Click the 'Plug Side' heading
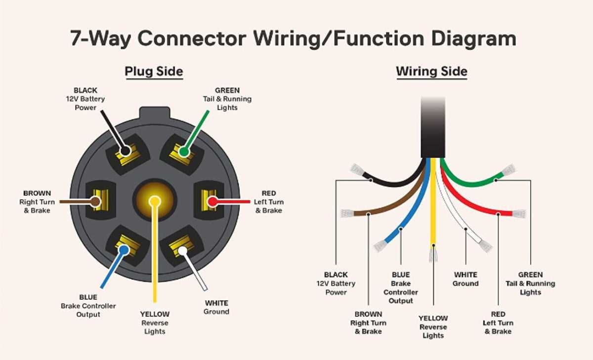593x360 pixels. [154, 72]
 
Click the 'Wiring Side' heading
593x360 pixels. [431, 72]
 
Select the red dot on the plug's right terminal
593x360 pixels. [212, 201]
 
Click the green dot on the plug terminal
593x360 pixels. [184, 152]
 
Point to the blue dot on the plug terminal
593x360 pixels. [124, 250]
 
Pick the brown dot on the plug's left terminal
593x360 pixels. [95, 201]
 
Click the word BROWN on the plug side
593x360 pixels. [37, 193]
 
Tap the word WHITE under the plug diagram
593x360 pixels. [216, 303]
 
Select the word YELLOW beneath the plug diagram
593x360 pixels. [155, 314]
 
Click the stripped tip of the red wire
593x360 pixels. [519, 214]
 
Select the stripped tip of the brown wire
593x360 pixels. [347, 214]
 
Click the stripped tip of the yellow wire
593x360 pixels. [433, 254]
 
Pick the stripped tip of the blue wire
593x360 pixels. [380, 245]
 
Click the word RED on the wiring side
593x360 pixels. [498, 314]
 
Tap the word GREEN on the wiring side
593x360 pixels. [530, 275]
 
